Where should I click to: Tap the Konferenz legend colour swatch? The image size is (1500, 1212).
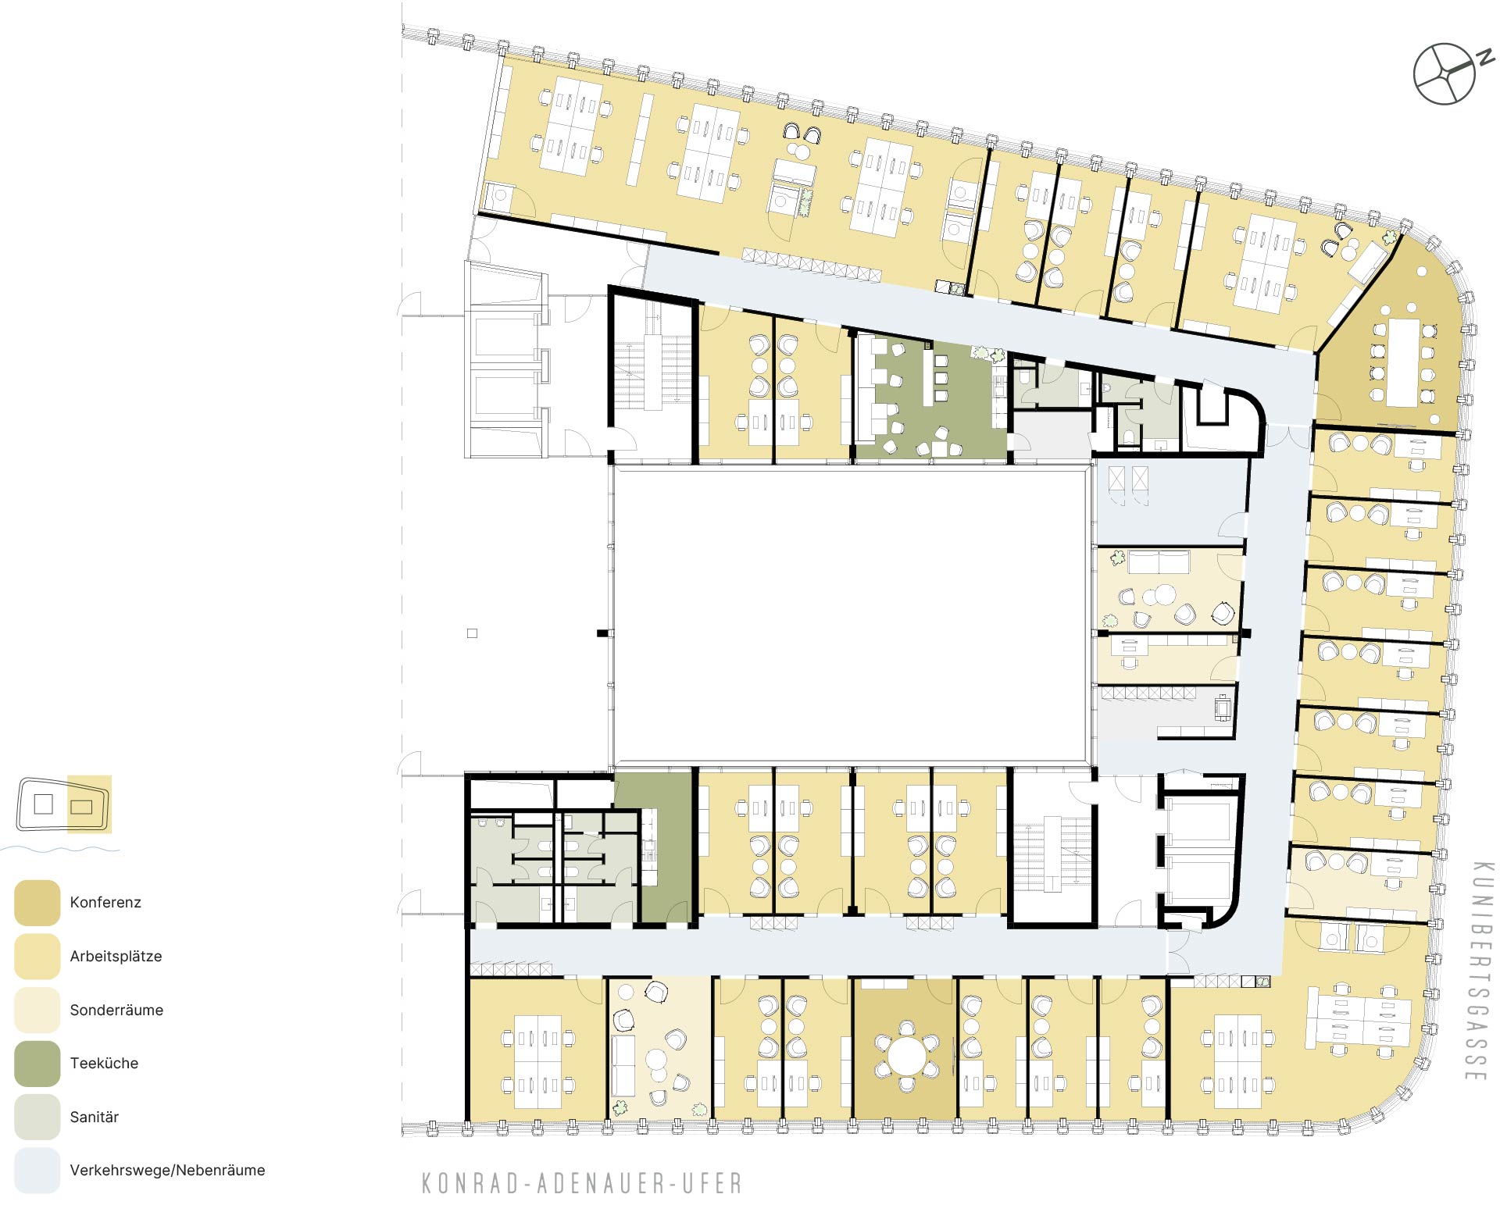[37, 903]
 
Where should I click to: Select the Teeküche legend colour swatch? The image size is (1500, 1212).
[37, 1064]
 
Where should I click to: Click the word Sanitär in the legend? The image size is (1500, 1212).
[95, 1117]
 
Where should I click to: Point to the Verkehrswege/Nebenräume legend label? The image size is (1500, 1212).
[167, 1170]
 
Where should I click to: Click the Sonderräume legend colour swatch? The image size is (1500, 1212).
[37, 1010]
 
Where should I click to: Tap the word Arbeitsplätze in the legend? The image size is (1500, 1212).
[116, 956]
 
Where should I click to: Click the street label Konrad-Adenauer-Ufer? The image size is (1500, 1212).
[582, 1183]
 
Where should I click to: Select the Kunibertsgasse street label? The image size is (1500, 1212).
[1479, 971]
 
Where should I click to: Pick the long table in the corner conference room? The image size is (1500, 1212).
[1402, 362]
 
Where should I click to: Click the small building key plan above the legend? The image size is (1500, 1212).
[62, 804]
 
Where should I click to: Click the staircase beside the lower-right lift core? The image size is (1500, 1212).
[1052, 854]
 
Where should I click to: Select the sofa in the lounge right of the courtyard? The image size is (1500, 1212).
[1159, 562]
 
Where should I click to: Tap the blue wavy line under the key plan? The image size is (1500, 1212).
[60, 849]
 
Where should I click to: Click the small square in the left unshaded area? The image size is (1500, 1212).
[472, 633]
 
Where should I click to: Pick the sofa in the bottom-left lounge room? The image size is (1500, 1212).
[623, 1065]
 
